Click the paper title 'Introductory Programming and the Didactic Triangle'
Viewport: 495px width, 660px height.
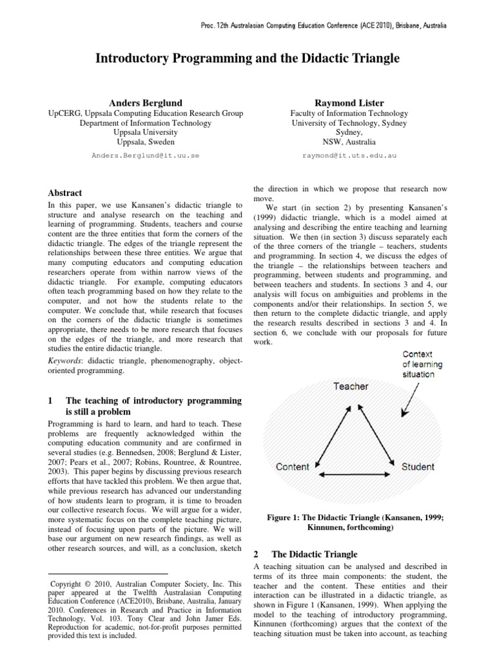click(247, 59)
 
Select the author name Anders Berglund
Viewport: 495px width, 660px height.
click(145, 102)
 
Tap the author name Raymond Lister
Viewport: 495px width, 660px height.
click(349, 102)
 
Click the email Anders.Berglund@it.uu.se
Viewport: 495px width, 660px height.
click(145, 156)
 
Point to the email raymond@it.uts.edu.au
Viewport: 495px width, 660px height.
click(349, 156)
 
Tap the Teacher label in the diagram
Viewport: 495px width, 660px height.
click(351, 386)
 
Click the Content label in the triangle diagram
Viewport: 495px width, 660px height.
click(293, 467)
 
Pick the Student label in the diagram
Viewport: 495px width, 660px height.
click(418, 466)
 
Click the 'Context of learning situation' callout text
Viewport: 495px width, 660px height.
click(419, 364)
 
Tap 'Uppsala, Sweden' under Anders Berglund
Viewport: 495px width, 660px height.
click(145, 141)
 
